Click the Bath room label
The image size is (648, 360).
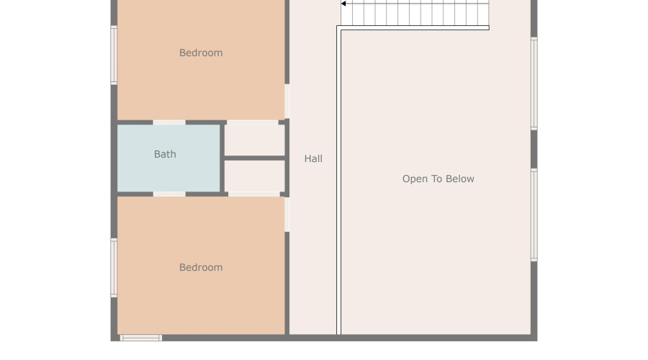[x=165, y=154]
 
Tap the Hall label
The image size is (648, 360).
[x=313, y=159]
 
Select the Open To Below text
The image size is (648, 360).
[x=438, y=179]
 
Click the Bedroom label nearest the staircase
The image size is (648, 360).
[x=201, y=53]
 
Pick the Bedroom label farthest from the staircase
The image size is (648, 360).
[x=201, y=268]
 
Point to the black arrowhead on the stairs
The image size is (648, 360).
[x=344, y=4]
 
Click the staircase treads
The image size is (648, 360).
[x=418, y=12]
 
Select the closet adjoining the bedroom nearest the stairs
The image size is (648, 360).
[x=255, y=140]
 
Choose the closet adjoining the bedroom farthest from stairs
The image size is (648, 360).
[x=255, y=176]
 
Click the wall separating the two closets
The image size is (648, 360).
[x=255, y=158]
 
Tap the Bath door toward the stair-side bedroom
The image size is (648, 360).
[x=169, y=122]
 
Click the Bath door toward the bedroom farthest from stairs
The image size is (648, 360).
[x=169, y=194]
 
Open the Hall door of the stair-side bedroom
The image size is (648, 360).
[x=287, y=102]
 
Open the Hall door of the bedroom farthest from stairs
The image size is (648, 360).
[x=287, y=214]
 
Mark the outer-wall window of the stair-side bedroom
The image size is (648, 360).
[x=114, y=55]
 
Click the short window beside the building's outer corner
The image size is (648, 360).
[x=140, y=337]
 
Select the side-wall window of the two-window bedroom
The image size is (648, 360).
[x=114, y=267]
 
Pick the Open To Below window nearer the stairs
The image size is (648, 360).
[x=534, y=84]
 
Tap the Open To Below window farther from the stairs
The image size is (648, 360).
[x=534, y=214]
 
